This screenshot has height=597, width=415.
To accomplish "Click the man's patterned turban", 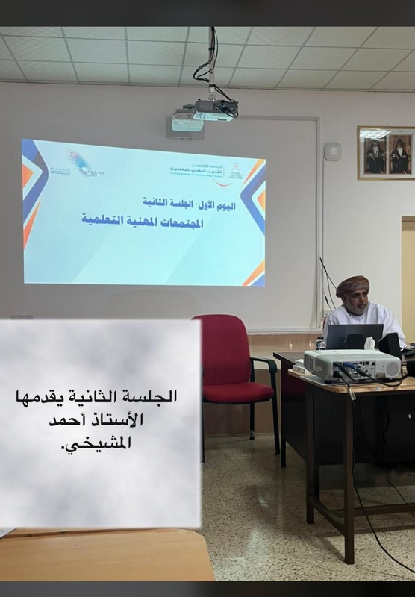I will tap(352, 285).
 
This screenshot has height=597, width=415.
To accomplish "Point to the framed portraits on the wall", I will tap(386, 152).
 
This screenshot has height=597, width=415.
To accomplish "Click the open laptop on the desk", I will tap(354, 337).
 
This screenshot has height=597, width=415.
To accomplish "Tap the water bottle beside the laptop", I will tap(320, 343).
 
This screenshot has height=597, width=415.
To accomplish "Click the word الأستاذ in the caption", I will tap(119, 419).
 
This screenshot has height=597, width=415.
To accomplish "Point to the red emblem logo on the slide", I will tap(234, 171).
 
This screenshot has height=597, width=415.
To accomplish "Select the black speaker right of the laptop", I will tap(390, 343).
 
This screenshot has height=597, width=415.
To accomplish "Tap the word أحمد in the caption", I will tap(69, 419).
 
